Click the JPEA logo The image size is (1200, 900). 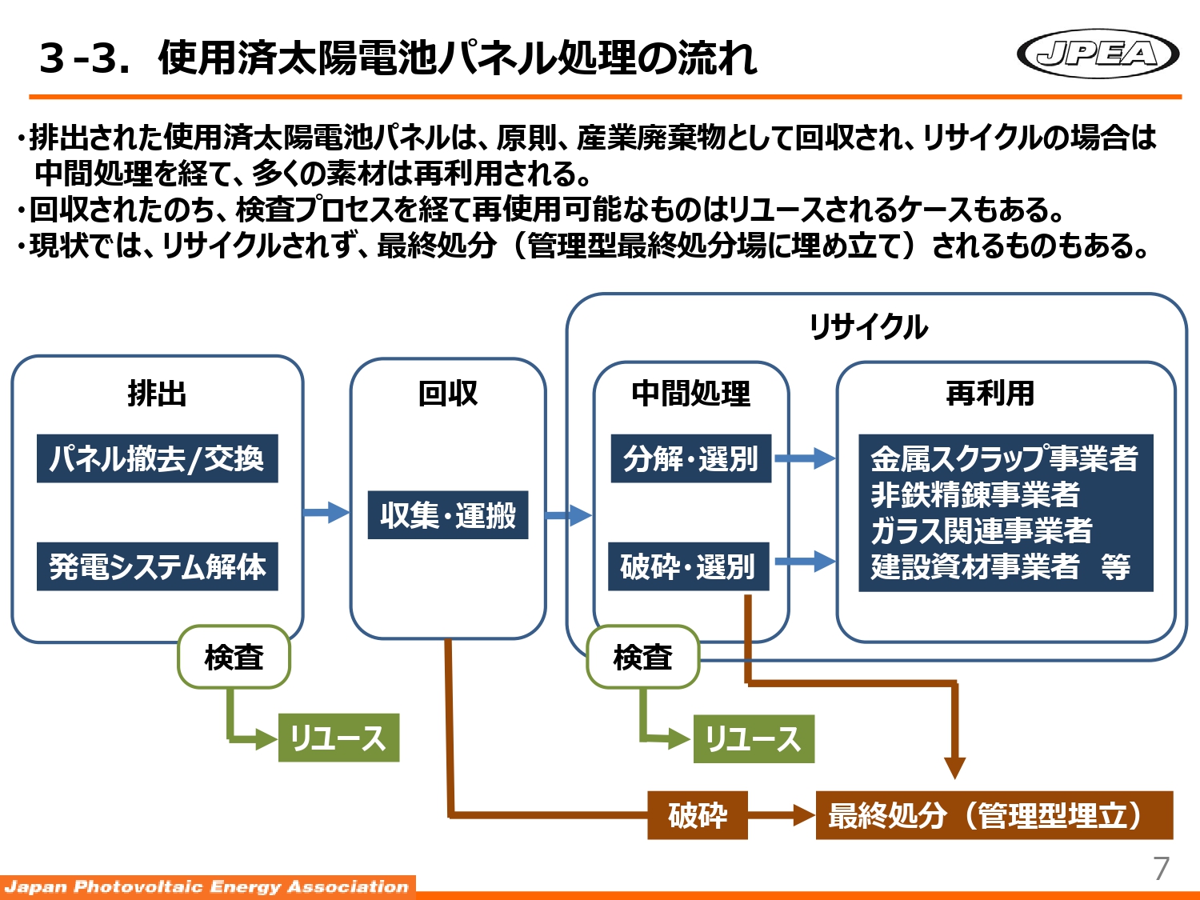tap(1098, 54)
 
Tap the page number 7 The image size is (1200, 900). tap(1161, 868)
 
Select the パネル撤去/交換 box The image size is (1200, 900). tap(157, 458)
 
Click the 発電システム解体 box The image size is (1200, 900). tap(157, 566)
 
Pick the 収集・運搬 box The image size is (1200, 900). tap(448, 514)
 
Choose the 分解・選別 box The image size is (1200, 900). tap(690, 458)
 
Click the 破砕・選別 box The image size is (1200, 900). tap(688, 566)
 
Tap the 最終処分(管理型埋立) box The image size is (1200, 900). tap(994, 815)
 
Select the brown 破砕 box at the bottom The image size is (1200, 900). tap(697, 815)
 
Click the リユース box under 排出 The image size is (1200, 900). tap(338, 738)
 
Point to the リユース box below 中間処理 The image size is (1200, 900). tap(754, 738)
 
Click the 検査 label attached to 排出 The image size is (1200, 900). tap(234, 657)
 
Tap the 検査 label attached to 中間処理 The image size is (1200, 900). tap(642, 657)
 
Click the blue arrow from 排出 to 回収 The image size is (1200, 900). tap(326, 512)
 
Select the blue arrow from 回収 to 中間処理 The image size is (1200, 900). tap(569, 514)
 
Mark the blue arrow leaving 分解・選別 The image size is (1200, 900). tap(804, 458)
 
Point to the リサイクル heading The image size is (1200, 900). tap(868, 326)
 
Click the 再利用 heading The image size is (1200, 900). tap(990, 393)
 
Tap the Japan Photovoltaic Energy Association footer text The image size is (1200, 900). tap(206, 886)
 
